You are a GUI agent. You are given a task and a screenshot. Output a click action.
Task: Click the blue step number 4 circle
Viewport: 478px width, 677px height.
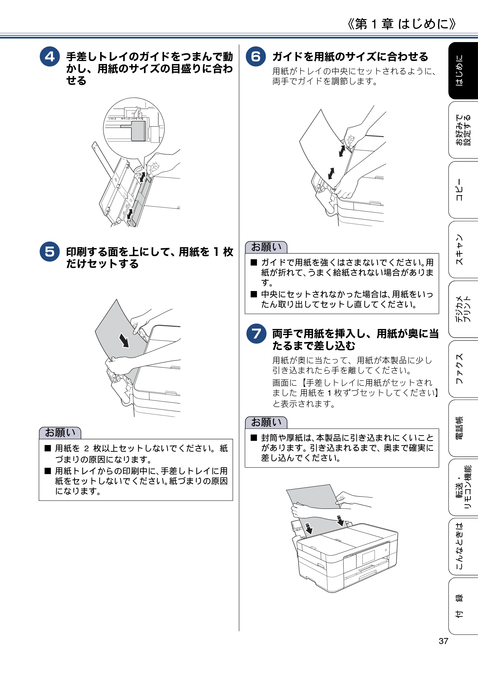click(49, 56)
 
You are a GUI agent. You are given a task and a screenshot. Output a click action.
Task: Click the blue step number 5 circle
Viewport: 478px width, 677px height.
click(49, 252)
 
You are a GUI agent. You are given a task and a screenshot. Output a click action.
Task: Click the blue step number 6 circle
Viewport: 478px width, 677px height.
click(256, 56)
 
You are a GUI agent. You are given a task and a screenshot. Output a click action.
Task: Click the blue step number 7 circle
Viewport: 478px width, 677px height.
click(256, 334)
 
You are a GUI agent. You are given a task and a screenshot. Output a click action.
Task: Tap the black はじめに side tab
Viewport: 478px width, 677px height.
click(463, 71)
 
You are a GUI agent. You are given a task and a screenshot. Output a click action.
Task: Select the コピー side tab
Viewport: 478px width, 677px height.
click(463, 190)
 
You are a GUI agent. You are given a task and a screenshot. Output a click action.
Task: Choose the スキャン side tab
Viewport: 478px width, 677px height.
click(463, 250)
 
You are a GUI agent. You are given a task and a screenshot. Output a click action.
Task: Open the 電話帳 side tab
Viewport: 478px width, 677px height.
click(463, 428)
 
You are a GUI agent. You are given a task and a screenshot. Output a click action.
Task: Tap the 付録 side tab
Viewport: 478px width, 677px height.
click(463, 606)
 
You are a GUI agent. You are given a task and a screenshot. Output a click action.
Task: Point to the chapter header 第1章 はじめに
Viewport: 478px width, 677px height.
click(402, 24)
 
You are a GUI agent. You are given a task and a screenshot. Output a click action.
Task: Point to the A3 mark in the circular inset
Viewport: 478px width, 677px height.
click(140, 119)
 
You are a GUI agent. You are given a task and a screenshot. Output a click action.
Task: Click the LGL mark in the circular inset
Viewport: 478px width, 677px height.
click(111, 119)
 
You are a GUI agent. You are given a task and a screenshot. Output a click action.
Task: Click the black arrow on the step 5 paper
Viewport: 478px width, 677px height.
click(124, 340)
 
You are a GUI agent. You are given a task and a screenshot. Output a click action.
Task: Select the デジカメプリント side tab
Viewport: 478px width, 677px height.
click(463, 309)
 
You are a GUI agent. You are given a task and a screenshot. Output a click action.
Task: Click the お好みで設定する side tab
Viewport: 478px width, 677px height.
click(463, 130)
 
